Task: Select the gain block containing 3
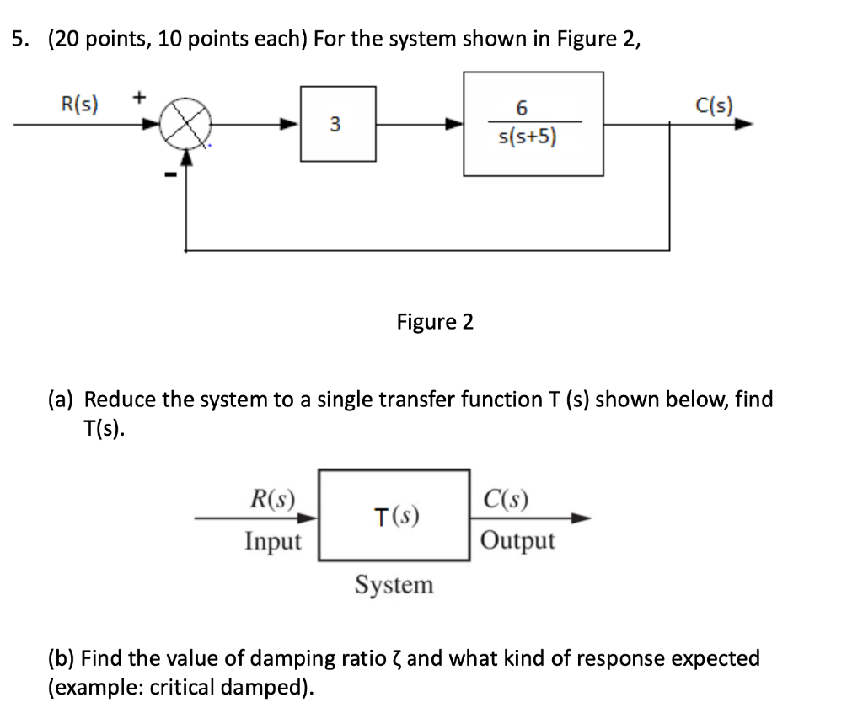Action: pos(338,125)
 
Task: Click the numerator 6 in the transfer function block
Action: pos(521,108)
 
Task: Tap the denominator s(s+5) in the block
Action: pos(523,137)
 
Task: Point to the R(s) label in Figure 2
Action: pos(80,105)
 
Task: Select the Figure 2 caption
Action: pos(435,322)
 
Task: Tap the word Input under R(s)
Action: pos(272,540)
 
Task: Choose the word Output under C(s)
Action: pos(517,540)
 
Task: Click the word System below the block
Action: pos(394,584)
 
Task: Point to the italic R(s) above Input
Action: pos(272,500)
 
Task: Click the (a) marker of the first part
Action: pos(62,399)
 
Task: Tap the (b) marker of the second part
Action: pos(62,657)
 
